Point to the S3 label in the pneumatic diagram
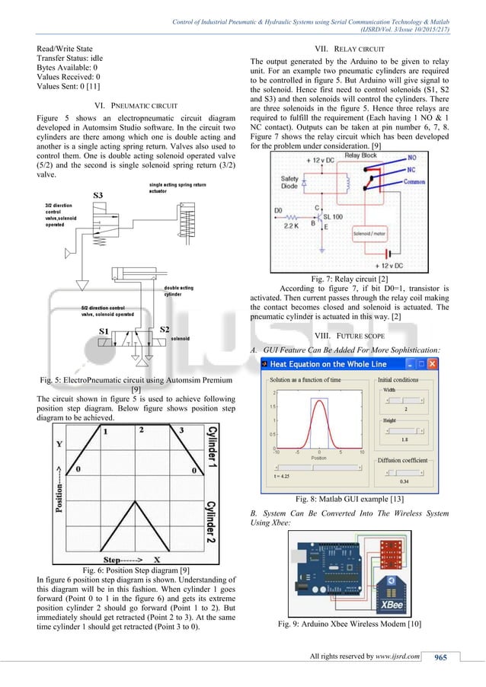click(98, 196)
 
